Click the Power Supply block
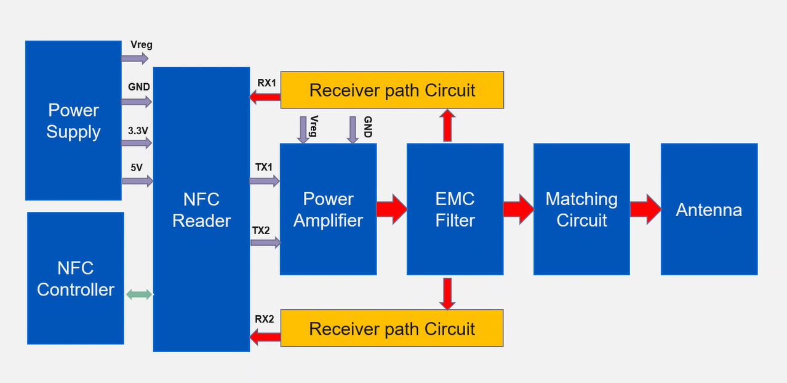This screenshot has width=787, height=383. [x=73, y=121]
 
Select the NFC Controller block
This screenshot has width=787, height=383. [x=76, y=278]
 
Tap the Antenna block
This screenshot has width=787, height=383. [x=709, y=209]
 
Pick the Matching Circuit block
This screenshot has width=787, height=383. [x=581, y=209]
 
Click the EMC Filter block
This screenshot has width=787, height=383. [x=455, y=209]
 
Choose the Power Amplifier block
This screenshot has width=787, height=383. [x=328, y=209]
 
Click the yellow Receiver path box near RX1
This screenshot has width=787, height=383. [x=392, y=90]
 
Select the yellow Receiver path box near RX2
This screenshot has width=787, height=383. [x=392, y=328]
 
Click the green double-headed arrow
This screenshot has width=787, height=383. [x=139, y=294]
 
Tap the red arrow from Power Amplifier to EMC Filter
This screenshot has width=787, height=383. [x=391, y=209]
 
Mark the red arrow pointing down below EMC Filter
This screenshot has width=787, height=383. [x=447, y=293]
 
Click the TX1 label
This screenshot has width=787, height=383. [x=263, y=167]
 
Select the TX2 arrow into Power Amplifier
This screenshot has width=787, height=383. [x=265, y=243]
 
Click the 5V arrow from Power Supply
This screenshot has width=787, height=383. [x=137, y=181]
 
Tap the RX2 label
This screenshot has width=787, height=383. [x=265, y=319]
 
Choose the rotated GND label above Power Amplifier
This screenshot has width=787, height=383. [x=367, y=127]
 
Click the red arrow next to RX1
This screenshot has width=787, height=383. [x=265, y=97]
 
